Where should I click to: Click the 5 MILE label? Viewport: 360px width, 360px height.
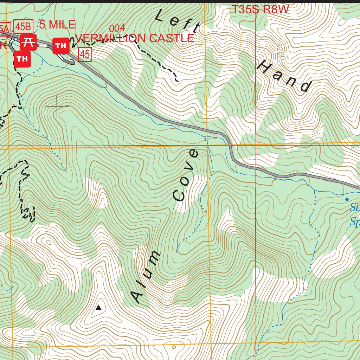tap(57, 25)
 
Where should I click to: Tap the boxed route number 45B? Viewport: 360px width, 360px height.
tap(24, 26)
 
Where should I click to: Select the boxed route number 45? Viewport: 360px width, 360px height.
tap(85, 54)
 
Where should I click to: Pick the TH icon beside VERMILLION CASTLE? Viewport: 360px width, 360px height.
tap(61, 46)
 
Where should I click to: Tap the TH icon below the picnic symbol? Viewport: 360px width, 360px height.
tap(22, 59)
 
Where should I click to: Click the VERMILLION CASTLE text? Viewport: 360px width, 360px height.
tap(135, 38)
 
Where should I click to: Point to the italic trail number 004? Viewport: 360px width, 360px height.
tap(117, 28)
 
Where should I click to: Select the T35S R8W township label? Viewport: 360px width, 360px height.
tap(260, 10)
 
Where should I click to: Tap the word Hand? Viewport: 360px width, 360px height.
tap(285, 77)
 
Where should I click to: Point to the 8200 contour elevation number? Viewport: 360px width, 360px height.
tap(280, 52)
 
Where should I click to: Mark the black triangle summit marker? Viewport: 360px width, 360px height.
tap(98, 308)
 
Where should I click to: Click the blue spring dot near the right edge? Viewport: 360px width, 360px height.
tap(347, 199)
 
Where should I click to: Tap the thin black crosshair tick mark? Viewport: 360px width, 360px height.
tap(57, 106)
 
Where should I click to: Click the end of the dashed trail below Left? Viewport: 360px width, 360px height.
tap(178, 81)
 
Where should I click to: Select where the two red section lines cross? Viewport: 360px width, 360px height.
tap(256, 145)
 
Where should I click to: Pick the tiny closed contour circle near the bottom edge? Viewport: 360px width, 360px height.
tap(174, 347)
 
